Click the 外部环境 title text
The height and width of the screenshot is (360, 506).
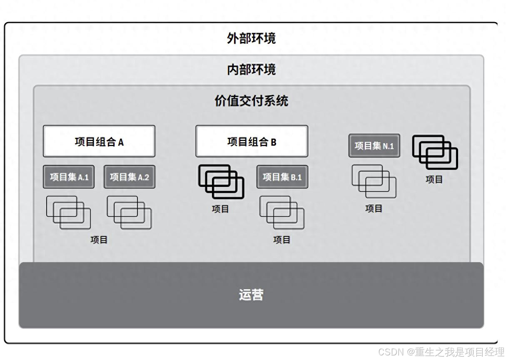(x=251, y=39)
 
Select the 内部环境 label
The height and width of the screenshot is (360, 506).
(x=251, y=70)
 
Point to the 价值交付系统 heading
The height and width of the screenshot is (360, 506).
(x=251, y=101)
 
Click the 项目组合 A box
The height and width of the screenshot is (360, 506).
(x=99, y=142)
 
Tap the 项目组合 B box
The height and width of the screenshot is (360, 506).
(x=252, y=142)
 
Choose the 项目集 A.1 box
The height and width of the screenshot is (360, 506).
(x=69, y=177)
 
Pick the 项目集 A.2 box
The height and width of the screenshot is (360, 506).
(x=129, y=177)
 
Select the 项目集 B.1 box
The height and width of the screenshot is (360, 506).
(x=282, y=177)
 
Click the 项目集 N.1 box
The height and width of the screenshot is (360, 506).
(x=374, y=146)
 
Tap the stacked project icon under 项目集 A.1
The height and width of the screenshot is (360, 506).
(x=69, y=212)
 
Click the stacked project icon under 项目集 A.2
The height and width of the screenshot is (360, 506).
(x=129, y=212)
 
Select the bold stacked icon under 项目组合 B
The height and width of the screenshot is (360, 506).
(x=221, y=182)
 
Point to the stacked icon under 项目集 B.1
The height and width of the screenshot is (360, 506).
(x=282, y=212)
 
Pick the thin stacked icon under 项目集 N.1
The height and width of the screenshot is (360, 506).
(x=374, y=181)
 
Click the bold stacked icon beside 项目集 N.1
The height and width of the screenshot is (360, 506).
(x=435, y=152)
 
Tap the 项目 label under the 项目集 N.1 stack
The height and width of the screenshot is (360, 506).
(x=374, y=209)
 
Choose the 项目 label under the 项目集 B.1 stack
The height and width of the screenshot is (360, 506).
(x=282, y=240)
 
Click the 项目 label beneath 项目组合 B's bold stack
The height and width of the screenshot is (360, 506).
(x=220, y=209)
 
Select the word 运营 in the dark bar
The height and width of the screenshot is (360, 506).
(x=251, y=295)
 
